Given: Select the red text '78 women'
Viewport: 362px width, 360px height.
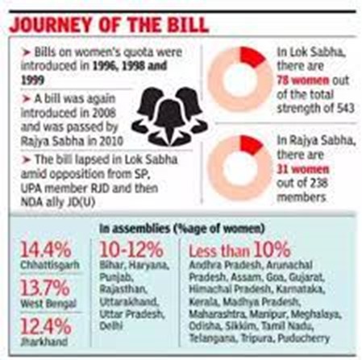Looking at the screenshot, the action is pyautogui.click(x=302, y=81).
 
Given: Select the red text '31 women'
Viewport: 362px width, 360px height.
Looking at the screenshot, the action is pyautogui.click(x=302, y=169).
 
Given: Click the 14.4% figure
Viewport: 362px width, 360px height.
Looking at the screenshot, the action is pyautogui.click(x=46, y=250).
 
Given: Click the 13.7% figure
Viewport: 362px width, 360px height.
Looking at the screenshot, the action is pyautogui.click(x=45, y=288).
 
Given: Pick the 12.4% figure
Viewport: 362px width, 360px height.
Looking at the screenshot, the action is pyautogui.click(x=46, y=326).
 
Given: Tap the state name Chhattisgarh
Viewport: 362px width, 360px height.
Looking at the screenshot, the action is pyautogui.click(x=50, y=265).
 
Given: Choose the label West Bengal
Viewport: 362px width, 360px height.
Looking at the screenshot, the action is pyautogui.click(x=48, y=304).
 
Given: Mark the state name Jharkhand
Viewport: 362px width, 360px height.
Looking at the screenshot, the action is pyautogui.click(x=44, y=341).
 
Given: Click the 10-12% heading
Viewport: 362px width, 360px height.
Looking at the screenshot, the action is pyautogui.click(x=131, y=250).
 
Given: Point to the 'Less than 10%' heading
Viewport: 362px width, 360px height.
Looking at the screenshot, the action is pyautogui.click(x=239, y=250).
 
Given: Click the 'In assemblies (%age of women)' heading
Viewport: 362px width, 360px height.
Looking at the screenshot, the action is pyautogui.click(x=182, y=229).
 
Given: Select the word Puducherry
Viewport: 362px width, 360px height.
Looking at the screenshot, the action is pyautogui.click(x=303, y=338).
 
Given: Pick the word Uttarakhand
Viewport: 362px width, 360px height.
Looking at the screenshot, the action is pyautogui.click(x=128, y=301).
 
